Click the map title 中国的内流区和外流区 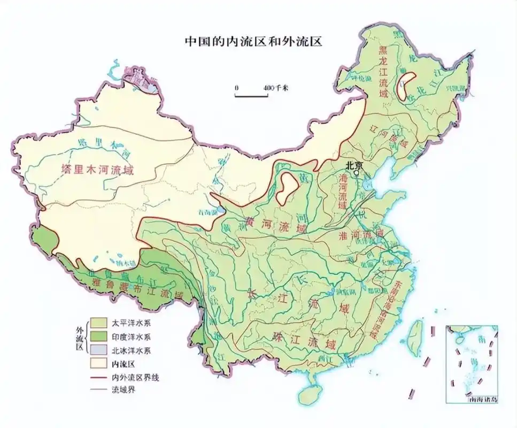point(252,41)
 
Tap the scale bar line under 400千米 point(251,96)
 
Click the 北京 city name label point(354,165)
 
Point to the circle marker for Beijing point(357,173)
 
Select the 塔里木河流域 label point(97,170)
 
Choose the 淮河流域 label point(362,234)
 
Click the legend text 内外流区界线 point(135,377)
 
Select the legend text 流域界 point(124,390)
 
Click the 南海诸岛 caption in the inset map point(483,399)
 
